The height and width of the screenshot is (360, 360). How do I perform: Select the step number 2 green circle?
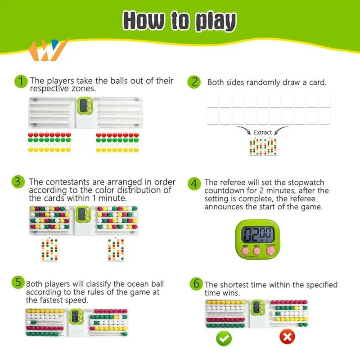(195, 81)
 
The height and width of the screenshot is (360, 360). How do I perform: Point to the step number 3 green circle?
(18, 182)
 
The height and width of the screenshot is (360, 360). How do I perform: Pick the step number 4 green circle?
(195, 183)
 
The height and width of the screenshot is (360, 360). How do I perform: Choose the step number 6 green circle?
(196, 284)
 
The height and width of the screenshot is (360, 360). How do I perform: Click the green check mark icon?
(224, 337)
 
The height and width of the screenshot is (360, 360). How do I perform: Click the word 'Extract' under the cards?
(263, 132)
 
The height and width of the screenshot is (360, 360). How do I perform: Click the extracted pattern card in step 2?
(262, 147)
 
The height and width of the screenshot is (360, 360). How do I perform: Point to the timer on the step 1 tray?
(83, 106)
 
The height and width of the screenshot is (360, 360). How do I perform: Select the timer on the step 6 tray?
(257, 308)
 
